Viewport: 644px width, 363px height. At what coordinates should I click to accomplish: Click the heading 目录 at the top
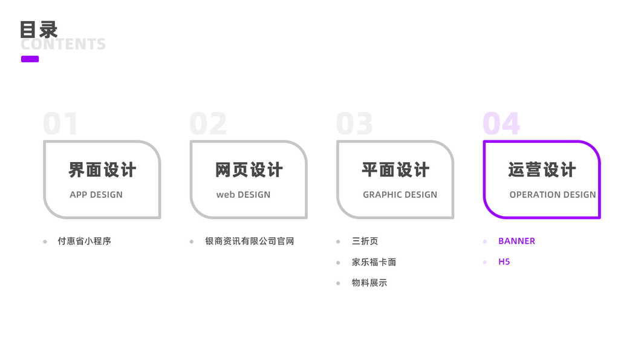click(39, 29)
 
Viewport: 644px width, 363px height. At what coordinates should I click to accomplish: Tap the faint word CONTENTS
click(63, 45)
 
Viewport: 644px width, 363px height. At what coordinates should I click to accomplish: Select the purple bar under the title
click(30, 59)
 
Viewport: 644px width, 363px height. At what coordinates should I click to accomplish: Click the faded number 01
click(60, 124)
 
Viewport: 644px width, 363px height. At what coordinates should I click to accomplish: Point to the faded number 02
click(208, 124)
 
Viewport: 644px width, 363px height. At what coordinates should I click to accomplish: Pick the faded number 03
click(354, 124)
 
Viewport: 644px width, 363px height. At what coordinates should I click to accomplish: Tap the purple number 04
click(501, 124)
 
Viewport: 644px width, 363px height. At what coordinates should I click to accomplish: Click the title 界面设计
click(102, 170)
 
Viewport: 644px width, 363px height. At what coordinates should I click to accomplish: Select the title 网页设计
click(249, 170)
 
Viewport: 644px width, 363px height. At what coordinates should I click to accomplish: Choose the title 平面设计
click(395, 170)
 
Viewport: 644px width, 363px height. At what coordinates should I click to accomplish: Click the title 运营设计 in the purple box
click(542, 170)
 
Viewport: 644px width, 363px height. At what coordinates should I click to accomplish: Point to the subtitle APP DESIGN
click(96, 195)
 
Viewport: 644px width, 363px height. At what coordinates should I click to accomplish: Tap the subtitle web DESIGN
click(243, 195)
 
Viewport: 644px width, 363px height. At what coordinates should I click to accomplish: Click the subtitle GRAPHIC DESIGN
click(400, 195)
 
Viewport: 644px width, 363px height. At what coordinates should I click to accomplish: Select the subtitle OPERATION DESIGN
click(553, 195)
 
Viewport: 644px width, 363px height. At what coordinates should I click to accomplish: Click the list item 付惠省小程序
click(84, 241)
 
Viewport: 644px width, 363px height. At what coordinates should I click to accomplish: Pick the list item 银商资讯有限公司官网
click(249, 241)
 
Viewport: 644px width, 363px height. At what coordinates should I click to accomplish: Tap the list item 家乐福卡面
click(374, 263)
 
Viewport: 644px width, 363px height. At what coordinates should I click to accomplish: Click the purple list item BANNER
click(516, 241)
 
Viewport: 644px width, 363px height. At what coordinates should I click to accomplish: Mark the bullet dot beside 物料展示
click(338, 283)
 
